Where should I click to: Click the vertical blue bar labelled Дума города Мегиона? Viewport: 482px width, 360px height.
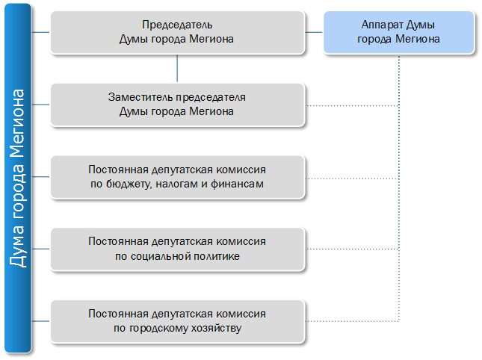pos(18,179)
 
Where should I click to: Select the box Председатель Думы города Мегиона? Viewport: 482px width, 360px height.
pos(177,33)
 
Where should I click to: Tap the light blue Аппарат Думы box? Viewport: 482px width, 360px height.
pos(399,33)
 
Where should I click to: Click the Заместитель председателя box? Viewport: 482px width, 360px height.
pos(177,105)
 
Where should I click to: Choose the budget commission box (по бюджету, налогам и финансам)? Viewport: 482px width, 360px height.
pos(177,177)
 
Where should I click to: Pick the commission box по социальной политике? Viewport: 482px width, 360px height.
pos(177,249)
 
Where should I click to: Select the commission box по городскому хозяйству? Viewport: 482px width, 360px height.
pos(177,321)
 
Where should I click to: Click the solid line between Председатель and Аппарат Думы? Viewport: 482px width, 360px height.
pos(314,32)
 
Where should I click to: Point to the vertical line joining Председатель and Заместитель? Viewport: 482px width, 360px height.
pos(177,68)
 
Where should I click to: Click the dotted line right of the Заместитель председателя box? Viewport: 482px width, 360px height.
pos(352,105)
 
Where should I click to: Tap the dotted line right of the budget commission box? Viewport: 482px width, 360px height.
pos(352,179)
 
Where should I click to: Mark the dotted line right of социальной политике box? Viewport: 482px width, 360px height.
pos(352,249)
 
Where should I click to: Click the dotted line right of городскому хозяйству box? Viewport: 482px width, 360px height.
pos(352,321)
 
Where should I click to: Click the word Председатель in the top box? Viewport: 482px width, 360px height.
pos(177,25)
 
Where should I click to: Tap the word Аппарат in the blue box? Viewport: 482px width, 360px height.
pos(382,25)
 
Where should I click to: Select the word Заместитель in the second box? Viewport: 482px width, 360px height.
pos(140,97)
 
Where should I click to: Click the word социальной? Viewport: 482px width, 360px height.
pos(156,256)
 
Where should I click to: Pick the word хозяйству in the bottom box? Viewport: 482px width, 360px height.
pos(217,329)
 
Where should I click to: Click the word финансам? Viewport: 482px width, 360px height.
pos(238,184)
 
